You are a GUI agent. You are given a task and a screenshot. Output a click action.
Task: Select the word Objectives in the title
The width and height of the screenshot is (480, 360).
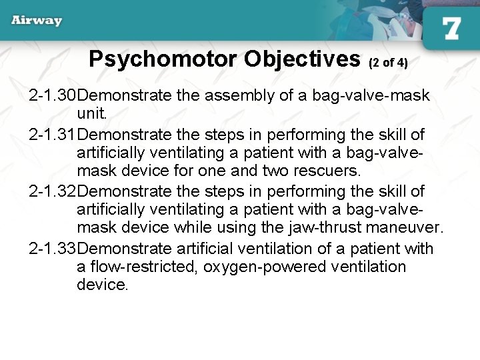click(302, 59)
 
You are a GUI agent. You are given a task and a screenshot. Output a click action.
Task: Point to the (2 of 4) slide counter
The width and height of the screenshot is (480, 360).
click(388, 63)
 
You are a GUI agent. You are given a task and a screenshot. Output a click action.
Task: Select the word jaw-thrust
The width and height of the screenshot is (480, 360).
click(323, 229)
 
